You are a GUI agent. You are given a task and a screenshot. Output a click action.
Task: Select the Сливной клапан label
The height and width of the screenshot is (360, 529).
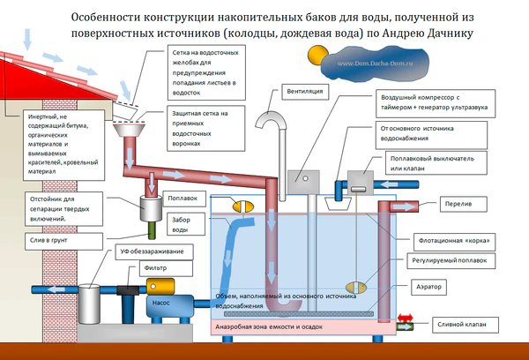(x=468, y=325)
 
